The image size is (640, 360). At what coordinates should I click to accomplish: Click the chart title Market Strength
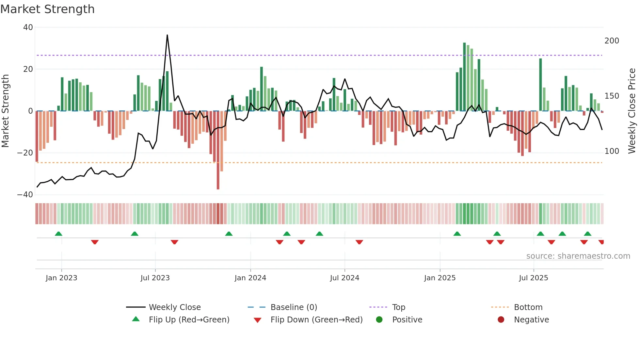(47, 9)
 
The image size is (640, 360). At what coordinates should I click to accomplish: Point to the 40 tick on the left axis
(28, 27)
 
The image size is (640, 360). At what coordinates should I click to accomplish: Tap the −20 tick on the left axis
(25, 153)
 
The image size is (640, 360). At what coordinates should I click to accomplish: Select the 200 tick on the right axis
(612, 41)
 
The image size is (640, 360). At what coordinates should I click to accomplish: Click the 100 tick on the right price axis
(612, 151)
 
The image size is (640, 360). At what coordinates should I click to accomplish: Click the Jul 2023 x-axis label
(155, 278)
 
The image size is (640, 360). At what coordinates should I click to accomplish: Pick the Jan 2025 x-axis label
(440, 278)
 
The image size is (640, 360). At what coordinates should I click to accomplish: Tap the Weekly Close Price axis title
(632, 111)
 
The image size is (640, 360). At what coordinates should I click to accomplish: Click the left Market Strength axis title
(6, 111)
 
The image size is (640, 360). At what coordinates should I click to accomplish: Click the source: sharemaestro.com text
(578, 256)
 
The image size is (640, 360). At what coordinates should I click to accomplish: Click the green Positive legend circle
(379, 320)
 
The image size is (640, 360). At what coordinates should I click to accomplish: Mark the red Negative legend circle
(501, 320)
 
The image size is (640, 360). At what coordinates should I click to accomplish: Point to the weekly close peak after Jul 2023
(167, 35)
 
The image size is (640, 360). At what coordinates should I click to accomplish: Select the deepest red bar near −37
(218, 150)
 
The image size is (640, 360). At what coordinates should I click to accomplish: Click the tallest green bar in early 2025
(464, 77)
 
